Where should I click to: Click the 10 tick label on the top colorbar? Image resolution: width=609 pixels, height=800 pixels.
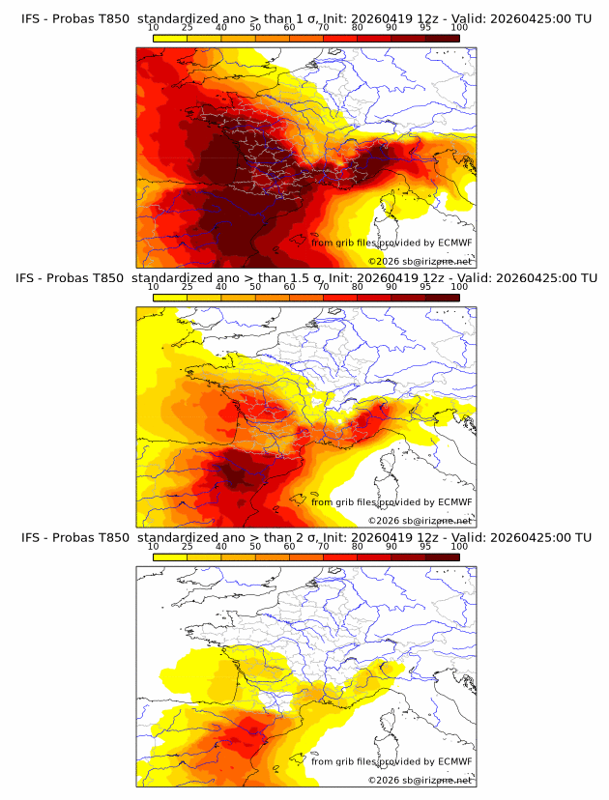pyautogui.click(x=153, y=27)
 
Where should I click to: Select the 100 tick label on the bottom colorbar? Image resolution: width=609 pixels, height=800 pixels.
pyautogui.click(x=458, y=546)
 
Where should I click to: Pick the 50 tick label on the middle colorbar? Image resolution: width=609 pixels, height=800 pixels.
pyautogui.click(x=255, y=287)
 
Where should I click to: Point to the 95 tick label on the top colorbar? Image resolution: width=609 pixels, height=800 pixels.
pyautogui.click(x=424, y=27)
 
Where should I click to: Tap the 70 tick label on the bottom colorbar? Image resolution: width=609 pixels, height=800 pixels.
pyautogui.click(x=323, y=546)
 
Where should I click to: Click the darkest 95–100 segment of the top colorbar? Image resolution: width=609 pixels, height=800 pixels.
pyautogui.click(x=443, y=38)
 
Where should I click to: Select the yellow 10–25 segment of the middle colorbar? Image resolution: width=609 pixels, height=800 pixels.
pyautogui.click(x=170, y=298)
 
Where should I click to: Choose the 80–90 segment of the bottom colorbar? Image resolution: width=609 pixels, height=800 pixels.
pyautogui.click(x=374, y=557)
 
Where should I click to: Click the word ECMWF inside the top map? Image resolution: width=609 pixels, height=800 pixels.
pyautogui.click(x=454, y=243)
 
